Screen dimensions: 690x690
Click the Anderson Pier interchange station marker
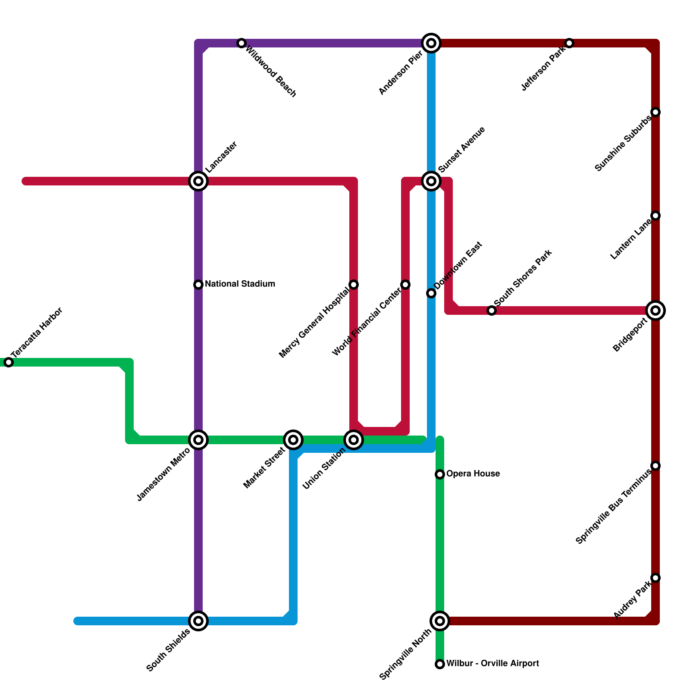click(431, 43)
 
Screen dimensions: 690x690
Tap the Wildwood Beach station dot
click(241, 43)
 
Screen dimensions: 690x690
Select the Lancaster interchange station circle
click(198, 181)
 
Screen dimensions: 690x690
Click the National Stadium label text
click(240, 284)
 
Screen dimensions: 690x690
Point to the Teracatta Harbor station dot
click(9, 362)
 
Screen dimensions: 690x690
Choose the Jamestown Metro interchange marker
click(198, 440)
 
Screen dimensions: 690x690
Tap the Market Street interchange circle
click(293, 440)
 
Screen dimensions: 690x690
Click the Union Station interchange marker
click(354, 440)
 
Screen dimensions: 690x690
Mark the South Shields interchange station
click(198, 621)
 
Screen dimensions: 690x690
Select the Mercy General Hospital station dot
click(354, 285)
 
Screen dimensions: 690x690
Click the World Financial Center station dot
click(405, 285)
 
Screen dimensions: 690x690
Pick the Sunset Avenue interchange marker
click(431, 181)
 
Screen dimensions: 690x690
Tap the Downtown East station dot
click(431, 293)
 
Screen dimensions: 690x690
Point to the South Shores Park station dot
click(492, 310)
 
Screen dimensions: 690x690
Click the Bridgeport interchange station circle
click(655, 310)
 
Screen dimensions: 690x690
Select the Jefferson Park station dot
click(569, 43)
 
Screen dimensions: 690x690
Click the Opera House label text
click(473, 474)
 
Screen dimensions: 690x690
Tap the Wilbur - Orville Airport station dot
click(440, 664)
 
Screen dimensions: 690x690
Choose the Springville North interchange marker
click(440, 621)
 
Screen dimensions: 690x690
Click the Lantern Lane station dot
click(655, 216)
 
